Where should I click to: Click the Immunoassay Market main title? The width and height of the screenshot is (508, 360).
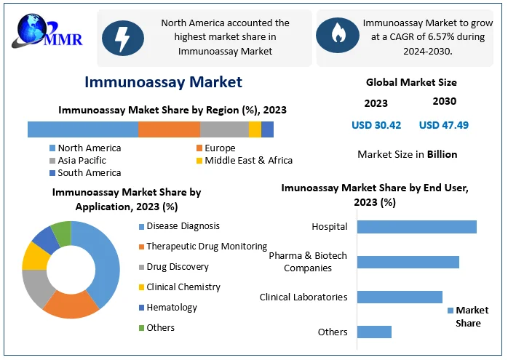[163, 81]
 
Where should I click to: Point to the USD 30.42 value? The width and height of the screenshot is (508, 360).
[376, 125]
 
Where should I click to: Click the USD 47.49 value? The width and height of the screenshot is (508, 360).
[444, 125]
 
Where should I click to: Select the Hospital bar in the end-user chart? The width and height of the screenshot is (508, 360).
[416, 227]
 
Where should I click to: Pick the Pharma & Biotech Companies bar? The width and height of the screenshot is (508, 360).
[408, 262]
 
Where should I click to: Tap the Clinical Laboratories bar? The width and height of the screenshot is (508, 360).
[400, 297]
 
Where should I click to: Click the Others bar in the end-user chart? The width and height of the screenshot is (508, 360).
[374, 332]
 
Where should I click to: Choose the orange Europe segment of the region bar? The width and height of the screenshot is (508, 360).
[169, 129]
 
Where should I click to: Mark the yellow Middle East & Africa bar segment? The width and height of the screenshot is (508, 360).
[255, 129]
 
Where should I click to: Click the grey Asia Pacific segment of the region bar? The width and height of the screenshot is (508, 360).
[224, 129]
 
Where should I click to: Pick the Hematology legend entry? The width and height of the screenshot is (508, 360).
[171, 308]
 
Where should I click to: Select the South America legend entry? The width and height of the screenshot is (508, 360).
[89, 173]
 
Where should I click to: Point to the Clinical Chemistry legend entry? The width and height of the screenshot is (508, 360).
[183, 287]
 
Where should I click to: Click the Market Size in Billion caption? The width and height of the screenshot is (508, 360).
[408, 154]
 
